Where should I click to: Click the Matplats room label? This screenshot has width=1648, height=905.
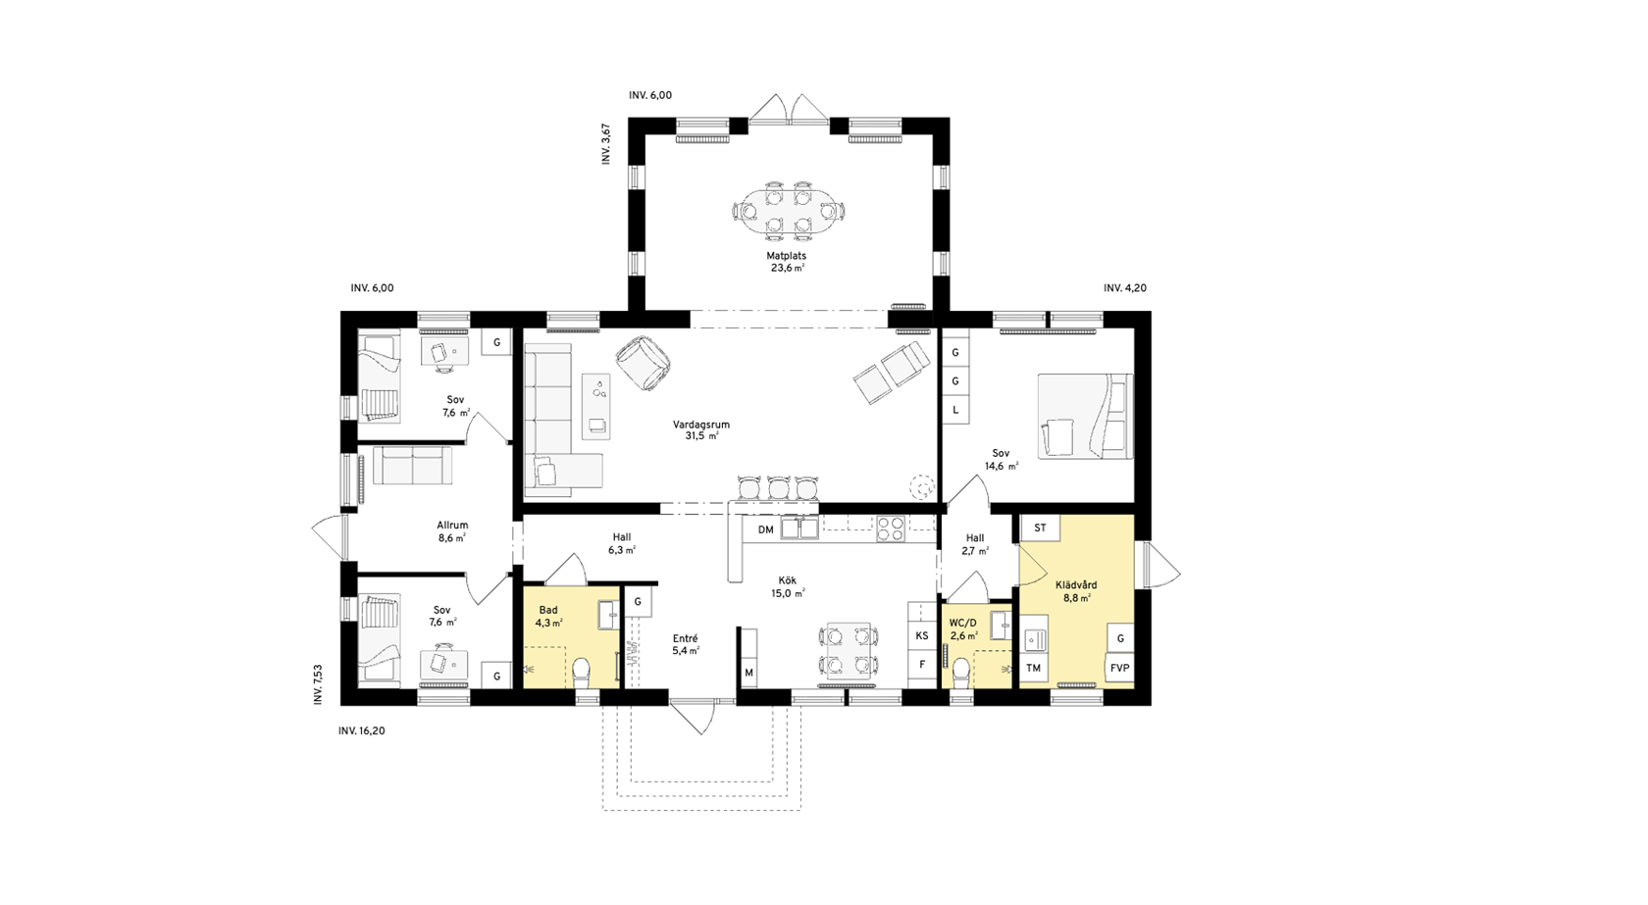coord(787,256)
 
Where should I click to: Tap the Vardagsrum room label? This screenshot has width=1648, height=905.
coord(701,425)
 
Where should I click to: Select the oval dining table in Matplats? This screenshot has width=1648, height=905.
coord(789,212)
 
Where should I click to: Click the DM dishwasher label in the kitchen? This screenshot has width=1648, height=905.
coord(766,529)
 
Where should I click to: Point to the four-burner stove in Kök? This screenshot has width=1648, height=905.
coord(891,529)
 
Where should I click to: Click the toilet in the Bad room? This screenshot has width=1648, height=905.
coord(581,674)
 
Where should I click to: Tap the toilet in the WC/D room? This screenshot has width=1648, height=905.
coord(961,674)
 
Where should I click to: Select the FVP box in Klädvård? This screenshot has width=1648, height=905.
coord(1120,668)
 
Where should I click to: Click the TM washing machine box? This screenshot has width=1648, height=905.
coord(1034,668)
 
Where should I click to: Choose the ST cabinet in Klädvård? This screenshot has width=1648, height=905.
coord(1040,528)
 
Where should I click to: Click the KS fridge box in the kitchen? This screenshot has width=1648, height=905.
coord(921,636)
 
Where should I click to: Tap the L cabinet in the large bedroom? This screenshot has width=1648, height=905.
coord(955,410)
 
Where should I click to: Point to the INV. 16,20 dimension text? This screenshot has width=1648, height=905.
coord(361,730)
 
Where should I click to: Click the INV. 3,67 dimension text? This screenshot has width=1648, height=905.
coord(606,144)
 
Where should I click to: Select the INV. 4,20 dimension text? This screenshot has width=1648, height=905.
coord(1125,288)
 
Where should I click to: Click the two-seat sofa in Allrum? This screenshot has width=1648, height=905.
coord(413,466)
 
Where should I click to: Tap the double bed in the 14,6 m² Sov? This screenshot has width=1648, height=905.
coord(1085,416)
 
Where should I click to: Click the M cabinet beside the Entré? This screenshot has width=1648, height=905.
coord(749,658)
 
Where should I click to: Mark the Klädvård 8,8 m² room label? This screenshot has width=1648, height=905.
coord(1076,591)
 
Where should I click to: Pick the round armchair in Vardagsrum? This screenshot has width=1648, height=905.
coord(644,363)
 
